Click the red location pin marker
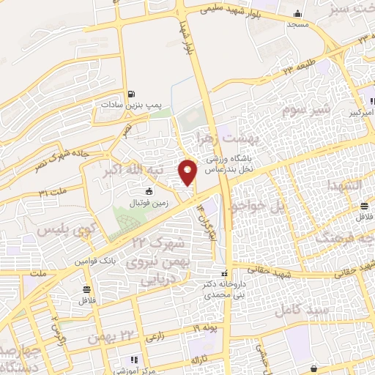(x=188, y=172)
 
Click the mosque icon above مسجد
(x=297, y=13)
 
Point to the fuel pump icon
(x=131, y=94)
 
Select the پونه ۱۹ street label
(x=207, y=329)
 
